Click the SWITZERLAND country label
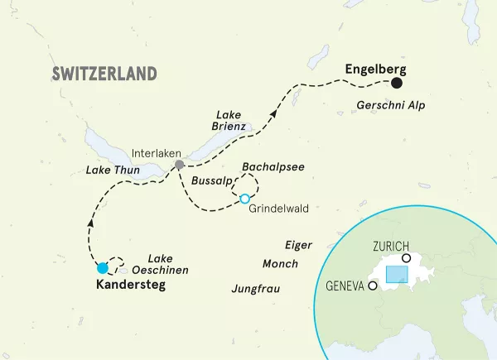(104, 74)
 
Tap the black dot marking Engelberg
(397, 83)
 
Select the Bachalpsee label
(273, 167)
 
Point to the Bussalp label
(210, 180)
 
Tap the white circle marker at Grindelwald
(244, 199)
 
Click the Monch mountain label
(279, 264)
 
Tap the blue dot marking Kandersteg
(101, 268)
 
